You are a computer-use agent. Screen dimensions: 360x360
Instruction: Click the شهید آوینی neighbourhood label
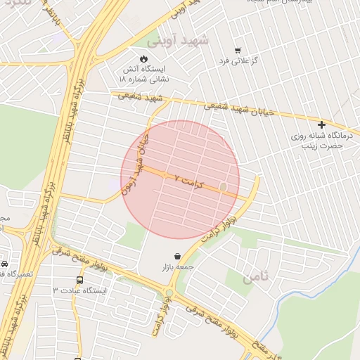(x=185, y=41)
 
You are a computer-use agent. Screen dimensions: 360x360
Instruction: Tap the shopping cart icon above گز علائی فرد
(x=238, y=51)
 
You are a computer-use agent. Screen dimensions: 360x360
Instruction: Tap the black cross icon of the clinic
(x=321, y=124)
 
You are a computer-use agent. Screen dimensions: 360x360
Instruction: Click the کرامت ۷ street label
(x=188, y=181)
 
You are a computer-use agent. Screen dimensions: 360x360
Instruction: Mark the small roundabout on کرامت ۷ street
(x=224, y=187)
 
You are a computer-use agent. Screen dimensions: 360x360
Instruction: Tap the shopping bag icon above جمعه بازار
(x=176, y=257)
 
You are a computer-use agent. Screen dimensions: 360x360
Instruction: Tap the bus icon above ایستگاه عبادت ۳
(x=79, y=279)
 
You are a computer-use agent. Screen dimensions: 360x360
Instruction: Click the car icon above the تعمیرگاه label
(x=4, y=264)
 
